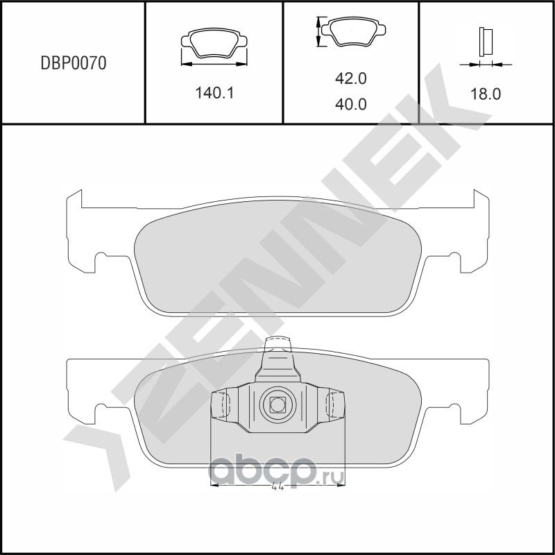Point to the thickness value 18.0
click(486, 93)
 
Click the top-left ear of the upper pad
click(74, 198)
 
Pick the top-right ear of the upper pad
click(480, 198)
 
